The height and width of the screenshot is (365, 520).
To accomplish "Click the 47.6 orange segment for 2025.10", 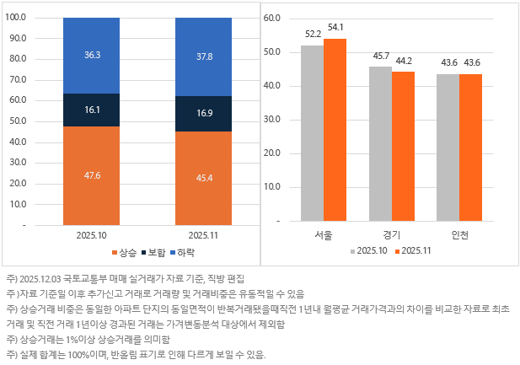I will click(91, 175).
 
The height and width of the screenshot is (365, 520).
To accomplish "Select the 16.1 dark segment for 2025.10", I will click(91, 110).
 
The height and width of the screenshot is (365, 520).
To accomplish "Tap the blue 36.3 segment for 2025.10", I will click(91, 55).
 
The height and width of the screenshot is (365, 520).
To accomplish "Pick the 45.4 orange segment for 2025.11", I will click(203, 178).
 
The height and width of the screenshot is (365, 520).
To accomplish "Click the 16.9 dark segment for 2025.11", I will click(203, 113).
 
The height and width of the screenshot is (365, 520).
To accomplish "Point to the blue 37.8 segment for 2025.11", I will click(203, 56).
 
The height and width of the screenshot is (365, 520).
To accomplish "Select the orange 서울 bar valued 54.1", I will click(335, 130).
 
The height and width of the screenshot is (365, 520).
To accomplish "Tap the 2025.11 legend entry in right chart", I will click(412, 250).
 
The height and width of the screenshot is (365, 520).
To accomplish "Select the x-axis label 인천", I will click(460, 233).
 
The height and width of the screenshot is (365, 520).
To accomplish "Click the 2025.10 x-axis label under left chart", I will click(91, 236).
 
